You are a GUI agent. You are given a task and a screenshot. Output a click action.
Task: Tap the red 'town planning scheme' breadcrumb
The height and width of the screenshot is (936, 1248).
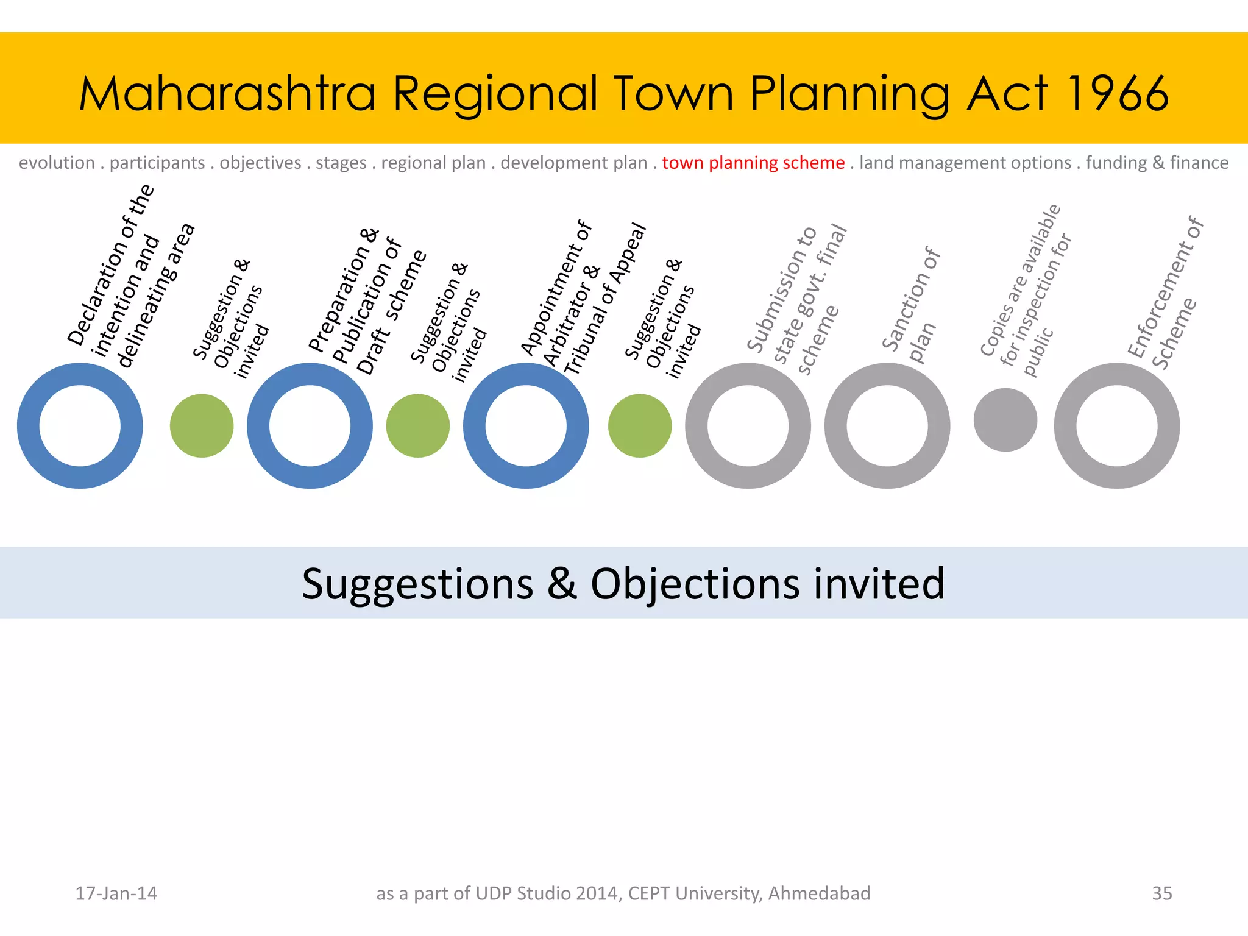(753, 163)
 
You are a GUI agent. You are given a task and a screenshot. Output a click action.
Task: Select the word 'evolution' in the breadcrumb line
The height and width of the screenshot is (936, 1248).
(57, 163)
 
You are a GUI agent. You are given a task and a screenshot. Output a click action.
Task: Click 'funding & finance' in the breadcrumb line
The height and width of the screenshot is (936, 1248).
(1157, 163)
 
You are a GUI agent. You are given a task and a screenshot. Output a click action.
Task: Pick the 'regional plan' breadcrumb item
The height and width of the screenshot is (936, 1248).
(433, 163)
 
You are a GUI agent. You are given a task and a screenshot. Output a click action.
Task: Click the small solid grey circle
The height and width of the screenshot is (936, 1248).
(1005, 420)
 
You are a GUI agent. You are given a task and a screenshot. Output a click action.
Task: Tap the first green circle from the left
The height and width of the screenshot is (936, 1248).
(202, 425)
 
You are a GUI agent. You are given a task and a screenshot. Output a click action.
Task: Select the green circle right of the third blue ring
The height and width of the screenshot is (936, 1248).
(640, 425)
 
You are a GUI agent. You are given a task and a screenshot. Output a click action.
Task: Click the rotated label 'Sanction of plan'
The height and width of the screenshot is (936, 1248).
(912, 305)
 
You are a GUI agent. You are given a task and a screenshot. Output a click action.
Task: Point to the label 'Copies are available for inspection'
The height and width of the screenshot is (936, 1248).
(1025, 291)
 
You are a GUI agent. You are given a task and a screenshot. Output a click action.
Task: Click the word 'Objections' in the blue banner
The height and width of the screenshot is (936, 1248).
(695, 584)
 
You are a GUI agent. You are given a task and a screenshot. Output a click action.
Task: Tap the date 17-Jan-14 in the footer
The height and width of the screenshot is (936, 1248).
(116, 893)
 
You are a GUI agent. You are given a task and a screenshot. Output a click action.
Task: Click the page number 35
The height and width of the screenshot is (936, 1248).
(1161, 893)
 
